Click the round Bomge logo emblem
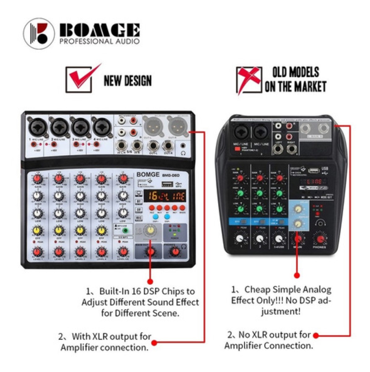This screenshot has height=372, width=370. (x=39, y=33)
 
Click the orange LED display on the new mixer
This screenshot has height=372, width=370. (x=166, y=196)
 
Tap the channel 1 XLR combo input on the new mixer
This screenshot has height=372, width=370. (x=38, y=127)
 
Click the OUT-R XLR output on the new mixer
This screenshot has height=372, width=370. (x=178, y=126)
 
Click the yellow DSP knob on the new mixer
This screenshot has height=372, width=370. (x=151, y=230)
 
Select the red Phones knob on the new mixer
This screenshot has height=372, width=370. (x=175, y=251)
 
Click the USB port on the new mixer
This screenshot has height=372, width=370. (x=168, y=184)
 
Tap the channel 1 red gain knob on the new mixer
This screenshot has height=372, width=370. (x=37, y=179)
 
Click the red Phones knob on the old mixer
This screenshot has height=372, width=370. (x=320, y=239)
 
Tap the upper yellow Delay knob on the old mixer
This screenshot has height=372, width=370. (x=298, y=209)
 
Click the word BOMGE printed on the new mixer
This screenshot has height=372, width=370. (x=148, y=175)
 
